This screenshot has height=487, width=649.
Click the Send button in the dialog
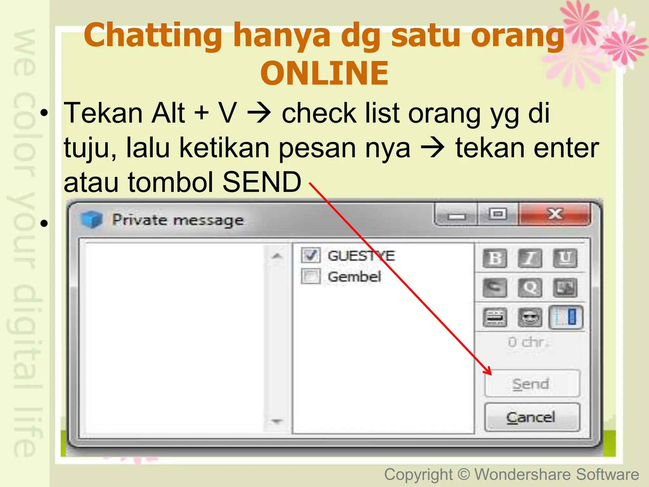coord(532,384)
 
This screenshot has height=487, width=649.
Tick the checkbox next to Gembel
coord(311,276)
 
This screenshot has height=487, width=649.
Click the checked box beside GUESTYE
coord(311,255)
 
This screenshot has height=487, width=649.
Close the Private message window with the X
coord(555,214)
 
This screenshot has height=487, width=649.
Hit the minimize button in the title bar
coord(457,216)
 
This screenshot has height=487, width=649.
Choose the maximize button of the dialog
coord(498,214)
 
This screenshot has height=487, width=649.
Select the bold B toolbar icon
coord(495,258)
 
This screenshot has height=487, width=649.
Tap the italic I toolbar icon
coord(530,258)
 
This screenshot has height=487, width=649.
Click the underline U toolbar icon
coord(565,258)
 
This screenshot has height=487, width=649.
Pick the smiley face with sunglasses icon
coord(530,317)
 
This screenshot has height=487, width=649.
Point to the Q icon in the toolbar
coord(530,288)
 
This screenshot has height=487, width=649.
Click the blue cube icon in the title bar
coord(91,219)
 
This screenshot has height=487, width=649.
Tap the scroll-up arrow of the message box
coord(277,256)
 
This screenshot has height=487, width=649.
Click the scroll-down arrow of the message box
coord(277,421)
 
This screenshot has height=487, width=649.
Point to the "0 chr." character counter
coord(528,342)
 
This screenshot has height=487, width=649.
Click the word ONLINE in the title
coord(324,73)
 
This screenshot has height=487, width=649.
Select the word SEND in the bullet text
coord(262,182)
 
